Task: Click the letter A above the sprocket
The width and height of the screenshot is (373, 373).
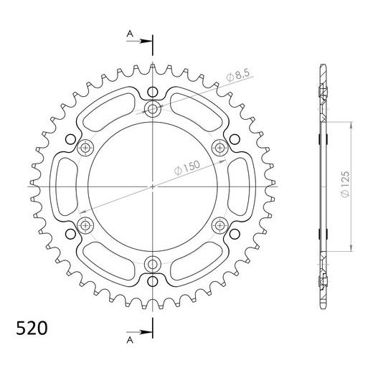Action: (x=129, y=33)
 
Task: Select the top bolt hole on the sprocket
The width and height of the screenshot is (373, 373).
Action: (x=153, y=109)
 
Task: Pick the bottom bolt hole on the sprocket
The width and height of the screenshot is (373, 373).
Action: (x=153, y=264)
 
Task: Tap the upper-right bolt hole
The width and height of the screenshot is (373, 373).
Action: (x=220, y=148)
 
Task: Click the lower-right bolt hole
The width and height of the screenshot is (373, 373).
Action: (x=220, y=225)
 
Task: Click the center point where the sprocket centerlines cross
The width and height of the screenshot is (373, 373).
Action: (x=153, y=186)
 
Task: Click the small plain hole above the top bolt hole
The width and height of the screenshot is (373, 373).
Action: (x=153, y=91)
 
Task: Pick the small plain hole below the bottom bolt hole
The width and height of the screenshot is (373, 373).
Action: (x=153, y=282)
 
